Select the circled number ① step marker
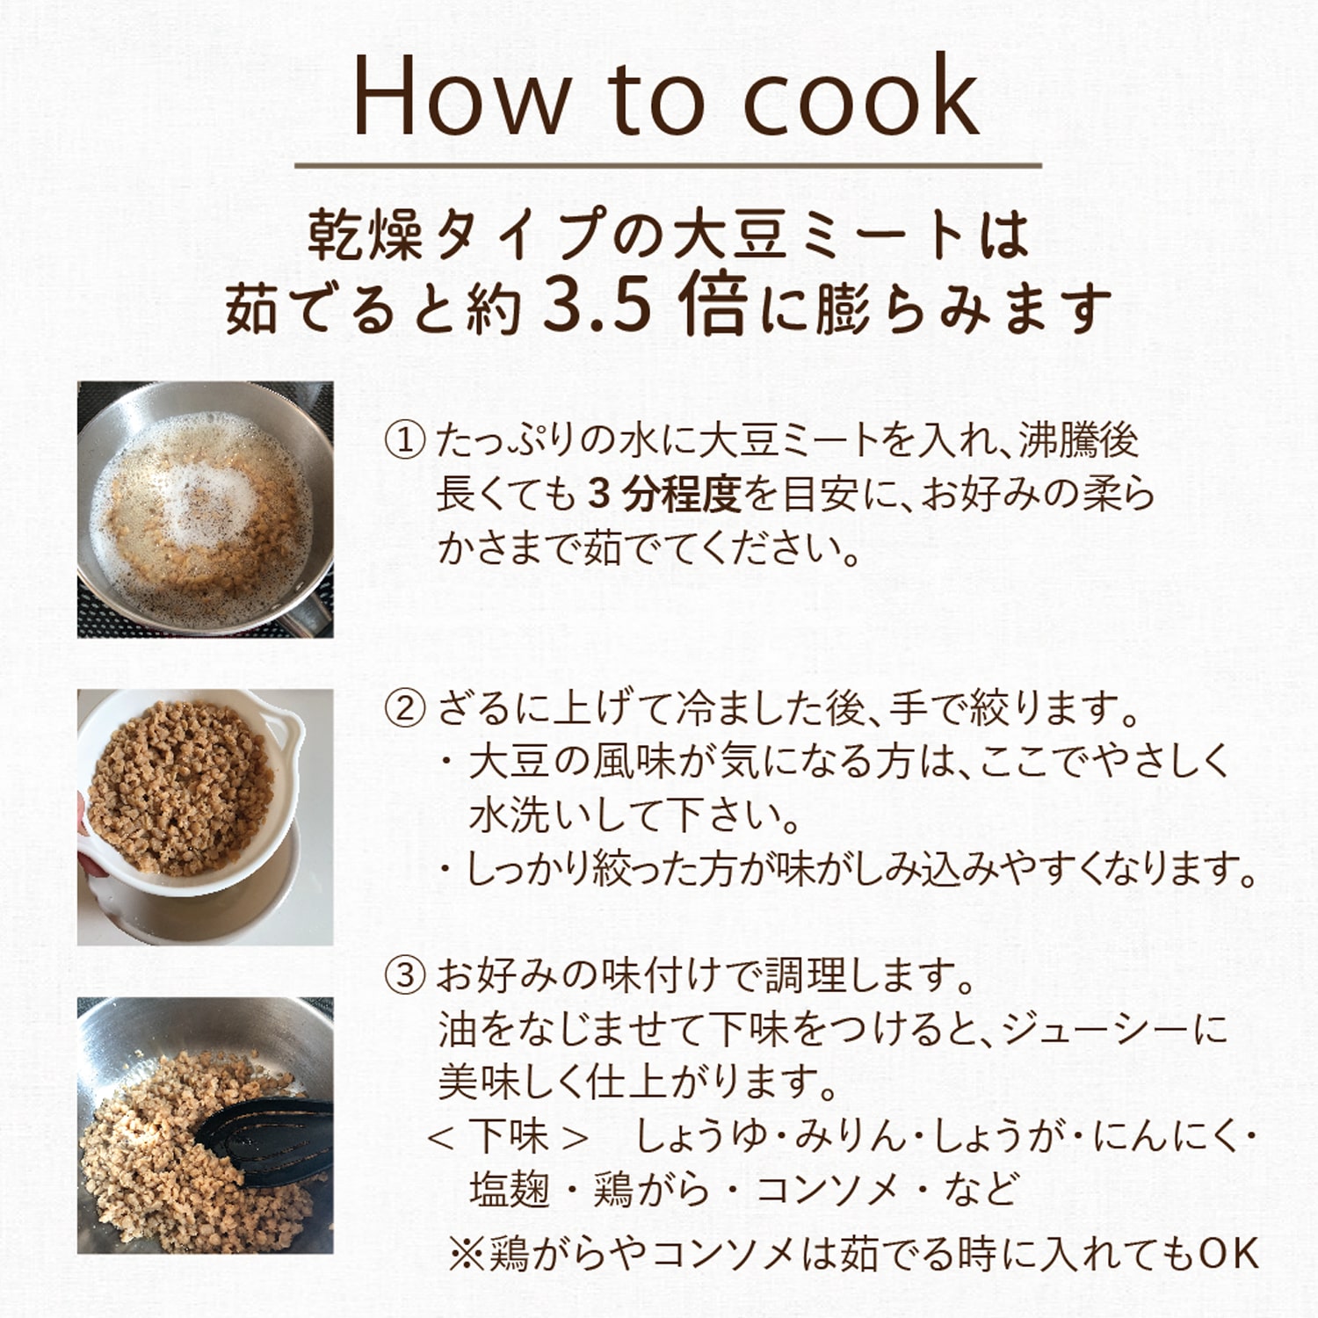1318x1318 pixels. [x=405, y=440]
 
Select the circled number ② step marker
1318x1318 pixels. [x=405, y=708]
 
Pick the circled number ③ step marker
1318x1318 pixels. [x=405, y=975]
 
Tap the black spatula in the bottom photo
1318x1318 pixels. [x=264, y=1133]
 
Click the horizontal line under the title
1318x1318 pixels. [x=668, y=165]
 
